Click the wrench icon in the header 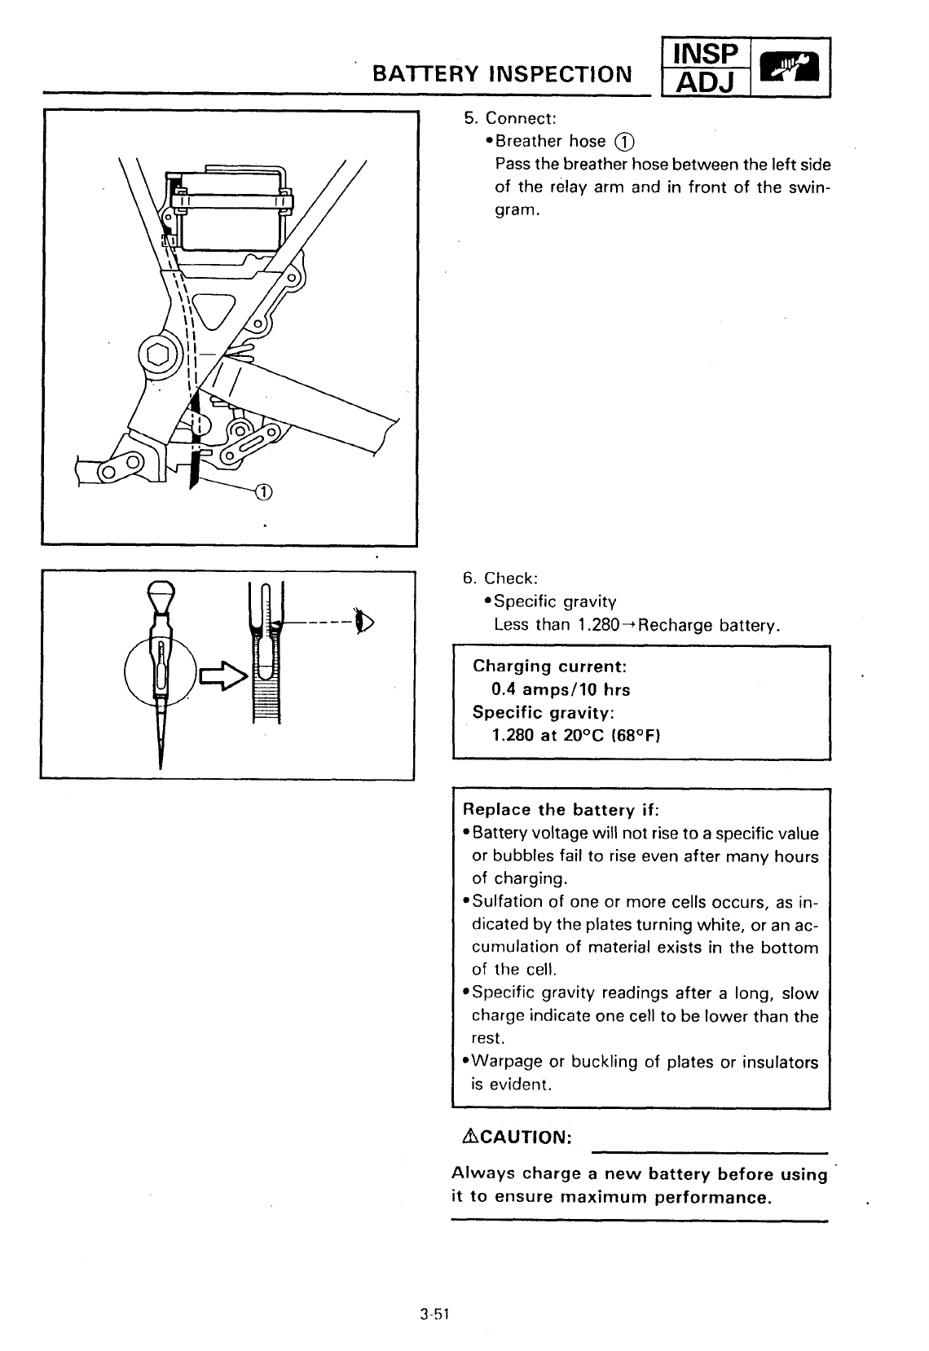click(x=788, y=68)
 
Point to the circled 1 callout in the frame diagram click(x=264, y=491)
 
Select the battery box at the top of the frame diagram click(x=231, y=210)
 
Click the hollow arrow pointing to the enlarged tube click(x=222, y=675)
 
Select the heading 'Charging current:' click(x=549, y=666)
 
